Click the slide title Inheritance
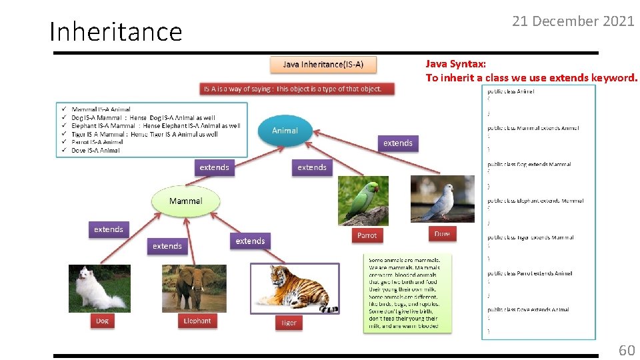[x=116, y=31]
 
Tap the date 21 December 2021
[x=573, y=21]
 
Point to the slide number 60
[x=627, y=350]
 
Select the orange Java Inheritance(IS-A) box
[x=323, y=65]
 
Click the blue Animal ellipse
[x=285, y=131]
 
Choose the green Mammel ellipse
[x=185, y=201]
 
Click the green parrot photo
[x=363, y=201]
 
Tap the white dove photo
[x=442, y=199]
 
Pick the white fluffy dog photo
[x=99, y=288]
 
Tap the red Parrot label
[x=367, y=235]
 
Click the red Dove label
[x=442, y=233]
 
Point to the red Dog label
[x=102, y=321]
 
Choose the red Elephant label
[x=197, y=321]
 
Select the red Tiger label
[x=289, y=323]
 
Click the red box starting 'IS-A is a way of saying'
[x=297, y=89]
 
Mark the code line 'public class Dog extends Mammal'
[x=529, y=164]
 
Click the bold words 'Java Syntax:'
[x=456, y=64]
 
